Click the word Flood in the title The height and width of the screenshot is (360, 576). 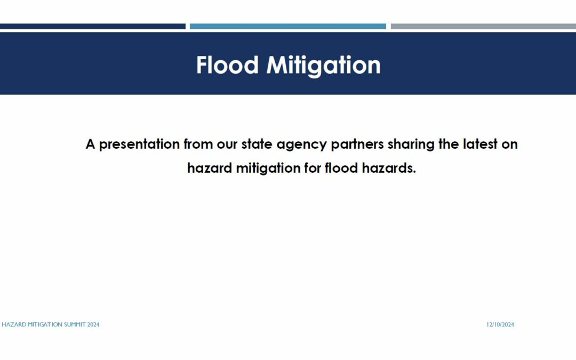[227, 65]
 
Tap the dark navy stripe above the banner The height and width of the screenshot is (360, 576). [93, 27]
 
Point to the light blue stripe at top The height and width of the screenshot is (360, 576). [287, 27]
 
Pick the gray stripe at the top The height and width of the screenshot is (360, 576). [483, 27]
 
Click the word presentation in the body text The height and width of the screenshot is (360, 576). [139, 145]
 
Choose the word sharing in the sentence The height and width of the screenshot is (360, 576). [411, 145]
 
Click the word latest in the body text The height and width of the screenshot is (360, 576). [480, 144]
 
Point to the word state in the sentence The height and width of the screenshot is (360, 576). [257, 145]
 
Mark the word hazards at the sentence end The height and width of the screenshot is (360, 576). [389, 168]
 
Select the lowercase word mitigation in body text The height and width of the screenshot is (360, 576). [268, 169]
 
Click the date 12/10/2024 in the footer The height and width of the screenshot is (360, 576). [500, 325]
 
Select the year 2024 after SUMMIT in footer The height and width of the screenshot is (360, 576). [93, 325]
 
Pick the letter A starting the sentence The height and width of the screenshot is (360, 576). [90, 144]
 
